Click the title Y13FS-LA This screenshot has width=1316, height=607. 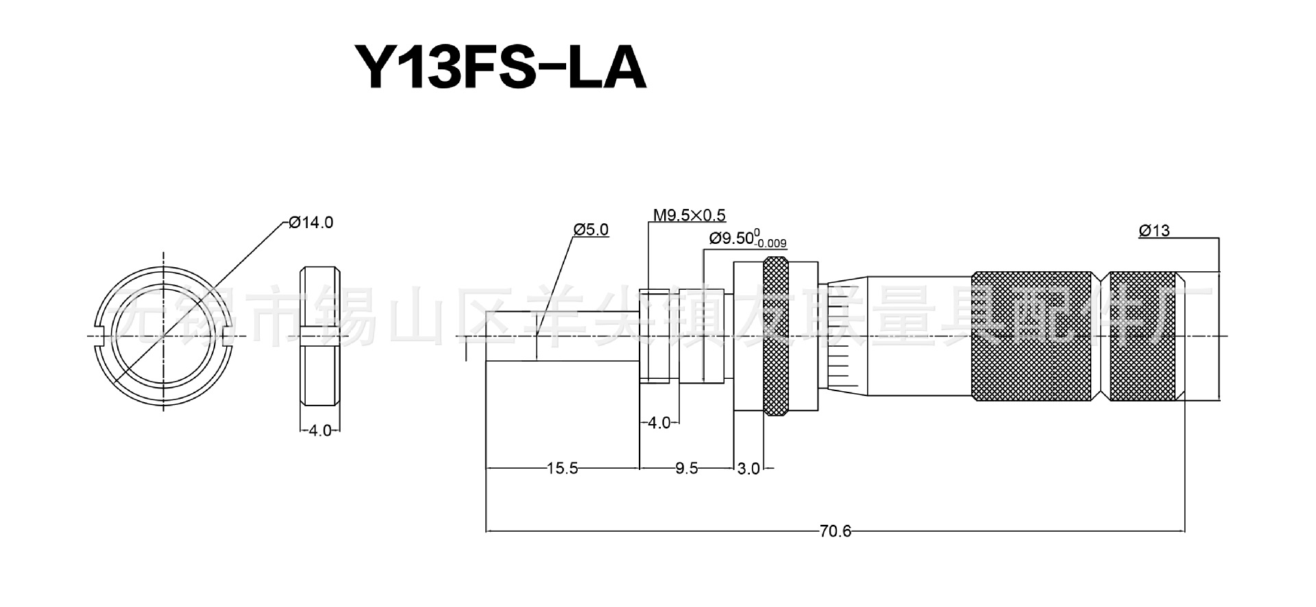tap(499, 69)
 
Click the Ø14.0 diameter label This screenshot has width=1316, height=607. tap(310, 223)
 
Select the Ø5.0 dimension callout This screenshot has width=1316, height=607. tap(591, 230)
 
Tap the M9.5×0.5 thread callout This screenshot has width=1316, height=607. tap(688, 216)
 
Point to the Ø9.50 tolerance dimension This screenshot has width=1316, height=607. tap(747, 239)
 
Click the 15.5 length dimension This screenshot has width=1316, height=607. tap(562, 469)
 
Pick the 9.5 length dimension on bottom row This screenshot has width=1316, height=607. tap(686, 469)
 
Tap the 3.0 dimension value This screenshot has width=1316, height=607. tap(748, 469)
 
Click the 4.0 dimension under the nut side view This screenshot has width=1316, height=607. tap(320, 431)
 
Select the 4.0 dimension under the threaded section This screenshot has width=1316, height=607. tap(659, 423)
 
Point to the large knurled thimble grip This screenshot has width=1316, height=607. tap(1032, 336)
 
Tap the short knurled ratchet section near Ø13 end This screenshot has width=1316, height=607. tap(1145, 336)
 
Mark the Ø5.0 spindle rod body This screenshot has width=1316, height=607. tap(562, 336)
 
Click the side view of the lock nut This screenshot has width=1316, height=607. tap(320, 336)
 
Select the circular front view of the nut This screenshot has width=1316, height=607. tap(163, 336)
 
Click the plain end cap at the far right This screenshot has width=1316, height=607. tap(1203, 336)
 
